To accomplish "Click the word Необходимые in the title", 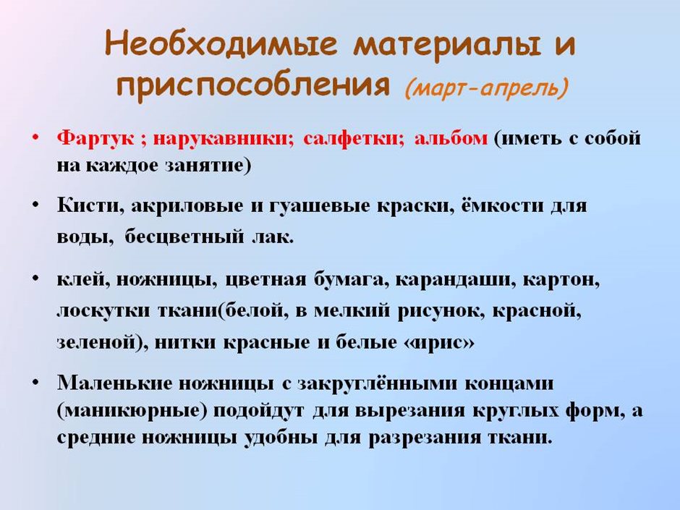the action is (x=221, y=43).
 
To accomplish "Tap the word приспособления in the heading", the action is (x=253, y=85).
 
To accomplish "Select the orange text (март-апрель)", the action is (x=486, y=88).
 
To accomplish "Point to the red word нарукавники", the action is (x=224, y=138).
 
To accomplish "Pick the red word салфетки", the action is (x=354, y=138).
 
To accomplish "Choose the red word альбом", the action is (x=451, y=138).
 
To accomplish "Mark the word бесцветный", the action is (x=184, y=237).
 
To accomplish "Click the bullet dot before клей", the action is (x=35, y=279).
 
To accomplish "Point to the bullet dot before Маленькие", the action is (x=35, y=383).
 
